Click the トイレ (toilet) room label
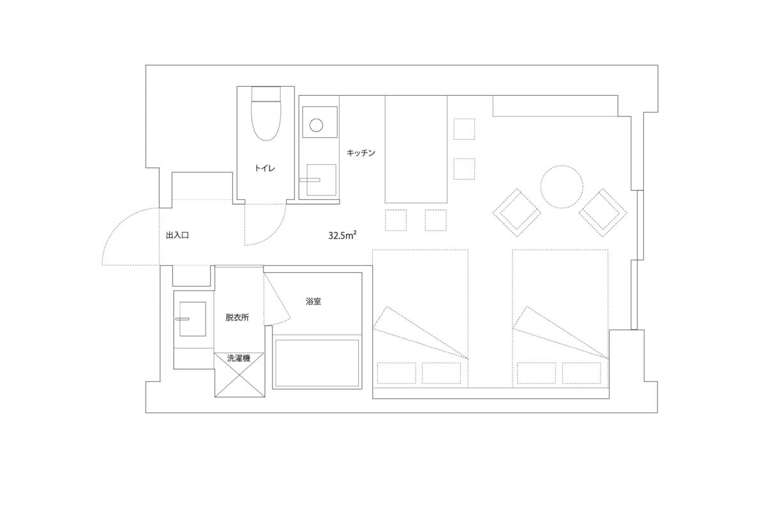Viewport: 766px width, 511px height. [265, 168]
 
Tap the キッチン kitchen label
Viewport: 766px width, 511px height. [361, 153]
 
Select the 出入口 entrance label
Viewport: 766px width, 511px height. [177, 235]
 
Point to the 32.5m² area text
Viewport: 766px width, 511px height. [343, 235]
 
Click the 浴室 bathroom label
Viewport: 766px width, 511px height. [313, 301]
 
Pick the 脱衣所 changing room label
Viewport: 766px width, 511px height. [237, 317]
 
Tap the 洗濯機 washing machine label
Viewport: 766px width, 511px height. [239, 358]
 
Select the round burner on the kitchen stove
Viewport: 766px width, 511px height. [316, 125]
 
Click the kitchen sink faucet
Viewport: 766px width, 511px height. [310, 180]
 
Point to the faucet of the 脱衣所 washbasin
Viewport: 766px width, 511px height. [183, 319]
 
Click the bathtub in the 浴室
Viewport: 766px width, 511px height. [317, 363]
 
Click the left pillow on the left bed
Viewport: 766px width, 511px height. [396, 373]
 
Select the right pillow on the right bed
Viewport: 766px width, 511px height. [582, 373]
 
